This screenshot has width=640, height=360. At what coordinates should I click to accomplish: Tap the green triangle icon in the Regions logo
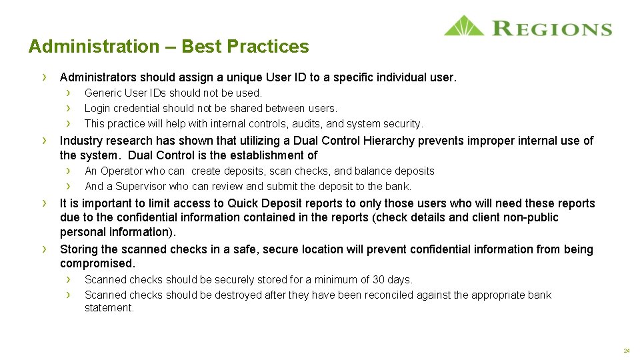464,26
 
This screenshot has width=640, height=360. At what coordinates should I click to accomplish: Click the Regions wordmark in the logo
551,28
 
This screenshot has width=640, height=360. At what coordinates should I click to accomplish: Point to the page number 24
627,350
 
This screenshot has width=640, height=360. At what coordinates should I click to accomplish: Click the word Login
97,108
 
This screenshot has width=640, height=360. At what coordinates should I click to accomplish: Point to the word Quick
245,203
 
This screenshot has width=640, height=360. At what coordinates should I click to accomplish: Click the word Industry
80,141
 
